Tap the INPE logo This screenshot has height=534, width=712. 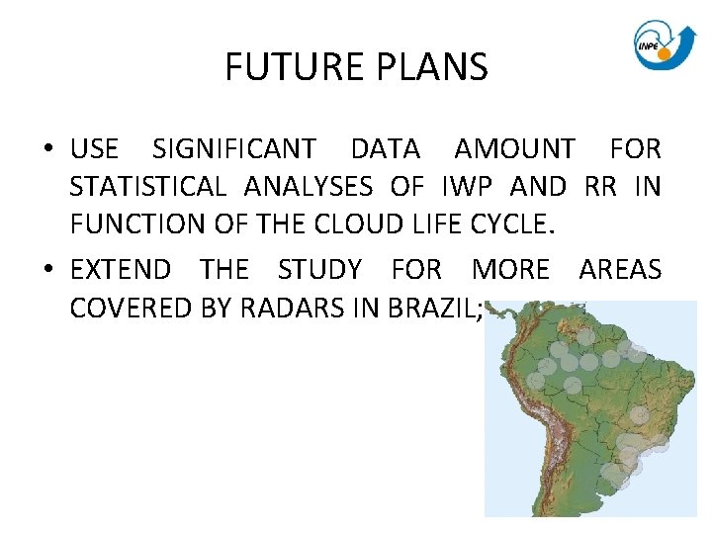tap(663, 44)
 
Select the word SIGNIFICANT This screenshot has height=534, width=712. tap(234, 149)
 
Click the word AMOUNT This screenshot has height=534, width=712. tap(514, 149)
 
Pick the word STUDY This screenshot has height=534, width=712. tap(319, 269)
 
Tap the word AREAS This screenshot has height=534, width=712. tap(620, 269)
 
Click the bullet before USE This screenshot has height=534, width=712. tap(47, 150)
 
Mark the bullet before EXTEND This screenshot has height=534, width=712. tap(47, 270)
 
